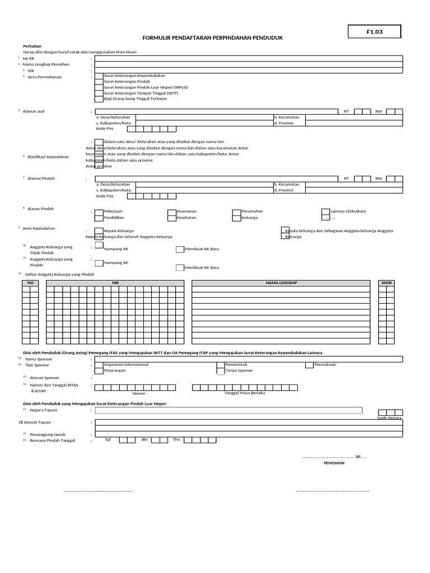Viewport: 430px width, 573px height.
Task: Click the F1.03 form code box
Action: [x=375, y=32]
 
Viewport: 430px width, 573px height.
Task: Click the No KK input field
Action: [x=249, y=58]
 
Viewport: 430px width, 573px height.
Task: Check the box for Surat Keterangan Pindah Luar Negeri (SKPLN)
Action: [x=99, y=88]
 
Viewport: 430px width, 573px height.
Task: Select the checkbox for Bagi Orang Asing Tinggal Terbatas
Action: [x=99, y=98]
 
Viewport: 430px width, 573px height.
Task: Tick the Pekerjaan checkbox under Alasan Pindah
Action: [x=99, y=212]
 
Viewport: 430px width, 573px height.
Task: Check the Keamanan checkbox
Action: [x=172, y=212]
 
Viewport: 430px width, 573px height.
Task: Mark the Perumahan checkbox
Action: [x=237, y=212]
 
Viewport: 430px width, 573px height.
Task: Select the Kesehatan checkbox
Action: [x=172, y=218]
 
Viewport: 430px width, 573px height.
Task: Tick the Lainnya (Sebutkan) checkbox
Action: [x=326, y=212]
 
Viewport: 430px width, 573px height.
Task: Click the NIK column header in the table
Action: [x=116, y=283]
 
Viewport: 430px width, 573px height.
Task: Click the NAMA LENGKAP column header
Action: [x=281, y=283]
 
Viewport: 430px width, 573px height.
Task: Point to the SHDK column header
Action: [x=387, y=283]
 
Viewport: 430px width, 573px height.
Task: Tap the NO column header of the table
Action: [x=31, y=283]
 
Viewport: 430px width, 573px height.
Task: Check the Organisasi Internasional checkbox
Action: [x=99, y=365]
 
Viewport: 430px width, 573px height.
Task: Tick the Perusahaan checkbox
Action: [x=309, y=365]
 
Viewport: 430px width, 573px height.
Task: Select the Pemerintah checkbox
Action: [x=221, y=365]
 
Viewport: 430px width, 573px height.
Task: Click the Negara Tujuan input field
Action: [x=249, y=410]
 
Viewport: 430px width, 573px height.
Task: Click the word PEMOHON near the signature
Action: [x=334, y=463]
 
